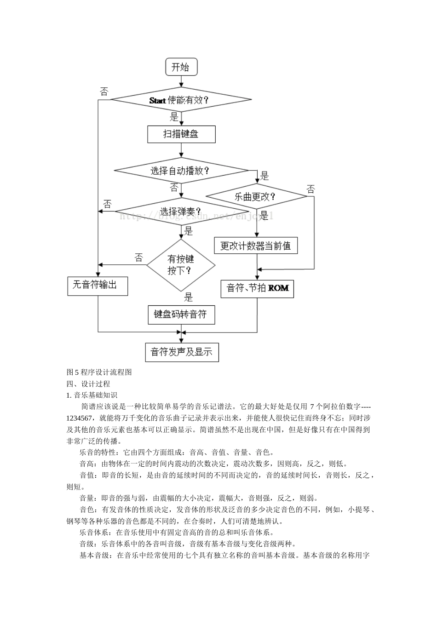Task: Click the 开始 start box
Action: tap(181, 67)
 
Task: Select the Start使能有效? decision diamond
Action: tap(181, 100)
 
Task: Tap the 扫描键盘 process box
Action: tap(181, 134)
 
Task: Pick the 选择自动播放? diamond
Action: tap(181, 171)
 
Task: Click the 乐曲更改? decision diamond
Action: tap(256, 197)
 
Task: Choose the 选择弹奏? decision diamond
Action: tap(181, 212)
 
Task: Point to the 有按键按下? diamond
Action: tap(181, 265)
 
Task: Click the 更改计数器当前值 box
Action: tap(256, 246)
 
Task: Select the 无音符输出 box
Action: tap(97, 285)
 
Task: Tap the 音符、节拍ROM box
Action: tap(257, 288)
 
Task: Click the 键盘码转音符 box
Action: tap(181, 315)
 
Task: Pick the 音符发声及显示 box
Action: tap(181, 352)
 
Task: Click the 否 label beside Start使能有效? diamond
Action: tap(104, 91)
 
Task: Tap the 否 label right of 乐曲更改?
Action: tap(311, 189)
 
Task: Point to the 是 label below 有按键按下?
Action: tap(188, 297)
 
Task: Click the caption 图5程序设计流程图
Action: tap(99, 372)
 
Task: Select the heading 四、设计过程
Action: tap(88, 383)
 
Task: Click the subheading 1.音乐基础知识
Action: tap(92, 395)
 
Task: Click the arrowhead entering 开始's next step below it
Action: tap(181, 85)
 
